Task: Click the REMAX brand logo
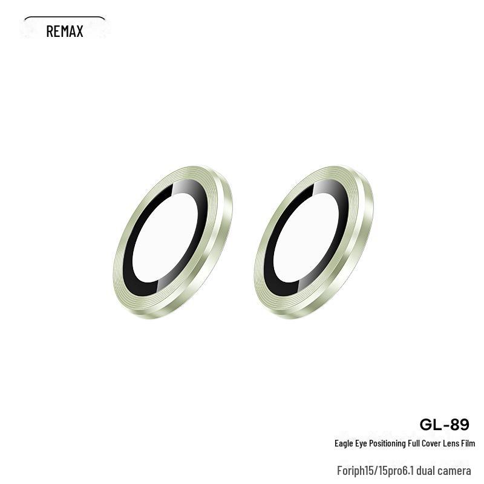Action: tap(65, 31)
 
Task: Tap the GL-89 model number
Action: tap(444, 425)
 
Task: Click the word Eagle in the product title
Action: tap(344, 443)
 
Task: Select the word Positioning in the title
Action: tap(387, 443)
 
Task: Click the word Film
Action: tap(468, 443)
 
